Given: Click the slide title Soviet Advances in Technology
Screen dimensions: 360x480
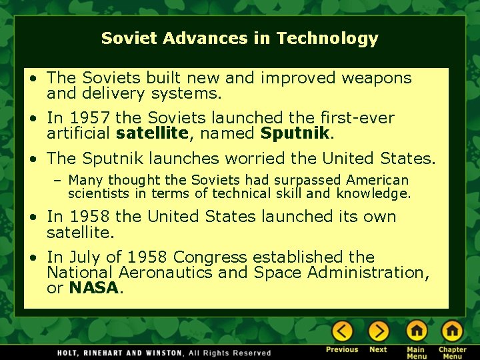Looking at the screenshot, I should pyautogui.click(x=239, y=39).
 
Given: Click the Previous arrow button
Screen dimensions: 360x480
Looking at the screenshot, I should pyautogui.click(x=342, y=331).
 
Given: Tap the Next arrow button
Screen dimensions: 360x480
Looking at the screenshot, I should pyautogui.click(x=378, y=331).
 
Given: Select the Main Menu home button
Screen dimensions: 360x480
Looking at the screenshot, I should pyautogui.click(x=417, y=331).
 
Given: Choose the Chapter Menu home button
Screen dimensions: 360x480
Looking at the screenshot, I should pyautogui.click(x=452, y=331).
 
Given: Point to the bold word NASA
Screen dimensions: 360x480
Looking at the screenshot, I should pyautogui.click(x=94, y=288).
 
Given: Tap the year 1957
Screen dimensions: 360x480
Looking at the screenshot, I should pyautogui.click(x=91, y=118).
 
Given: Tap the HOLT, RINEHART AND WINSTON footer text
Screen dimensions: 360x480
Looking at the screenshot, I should pyautogui.click(x=119, y=353).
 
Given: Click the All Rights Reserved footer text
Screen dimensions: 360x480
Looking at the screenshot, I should pyautogui.click(x=230, y=353).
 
